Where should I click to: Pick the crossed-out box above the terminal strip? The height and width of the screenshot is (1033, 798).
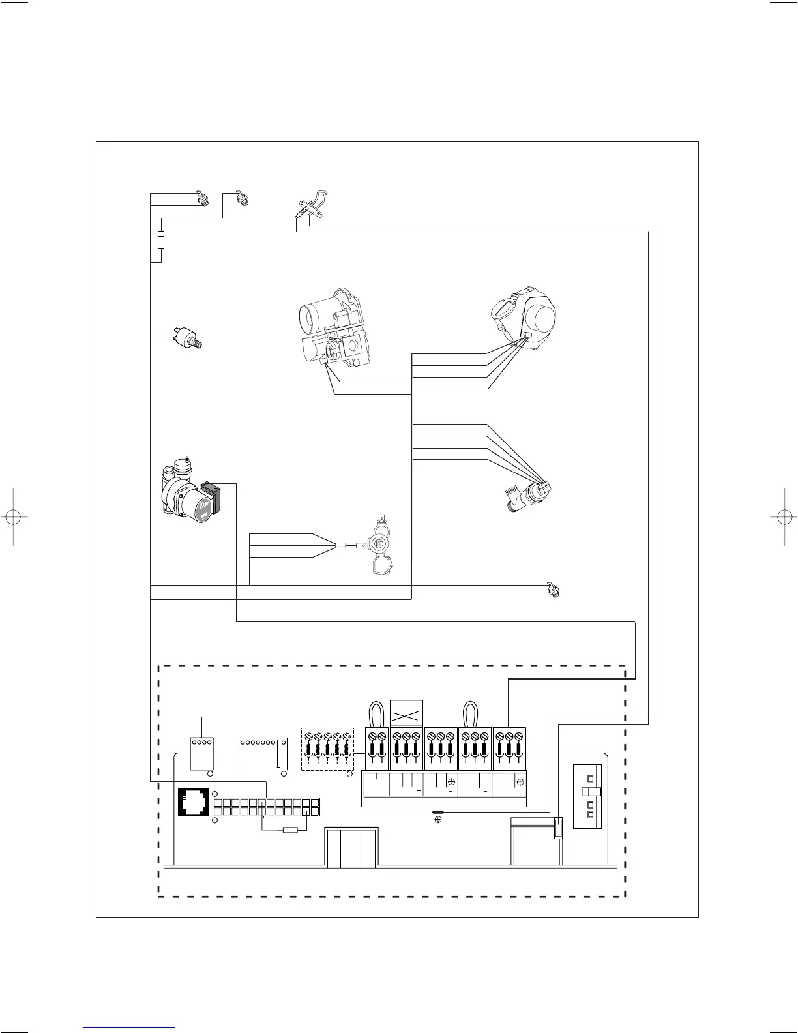click(406, 713)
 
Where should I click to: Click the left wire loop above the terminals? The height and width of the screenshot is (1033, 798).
click(376, 713)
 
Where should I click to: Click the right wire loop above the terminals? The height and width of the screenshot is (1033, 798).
click(469, 713)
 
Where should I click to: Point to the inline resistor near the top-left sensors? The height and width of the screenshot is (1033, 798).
click(161, 240)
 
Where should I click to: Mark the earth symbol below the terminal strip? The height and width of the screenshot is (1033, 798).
click(438, 820)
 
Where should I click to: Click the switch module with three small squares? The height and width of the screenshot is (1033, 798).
click(590, 796)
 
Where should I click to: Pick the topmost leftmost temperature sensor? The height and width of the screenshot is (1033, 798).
click(201, 198)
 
